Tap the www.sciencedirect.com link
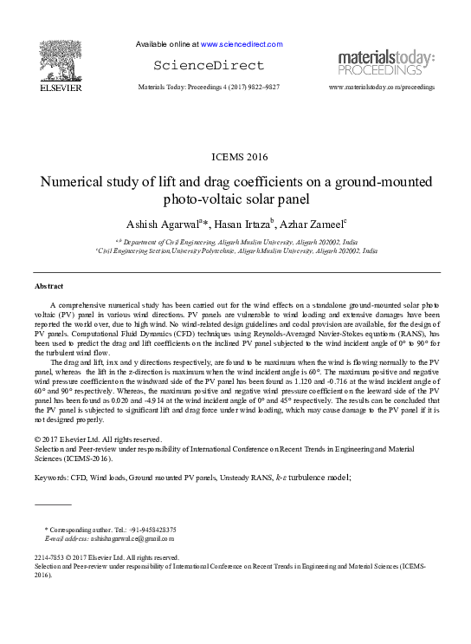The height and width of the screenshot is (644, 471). click(242, 43)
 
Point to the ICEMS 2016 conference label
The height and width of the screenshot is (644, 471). click(239, 157)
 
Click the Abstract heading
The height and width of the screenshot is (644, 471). click(48, 285)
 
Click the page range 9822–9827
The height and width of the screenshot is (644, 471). click(260, 88)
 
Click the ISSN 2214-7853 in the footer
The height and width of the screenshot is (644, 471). click(50, 557)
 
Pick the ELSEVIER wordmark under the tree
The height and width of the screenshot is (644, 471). click(62, 87)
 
